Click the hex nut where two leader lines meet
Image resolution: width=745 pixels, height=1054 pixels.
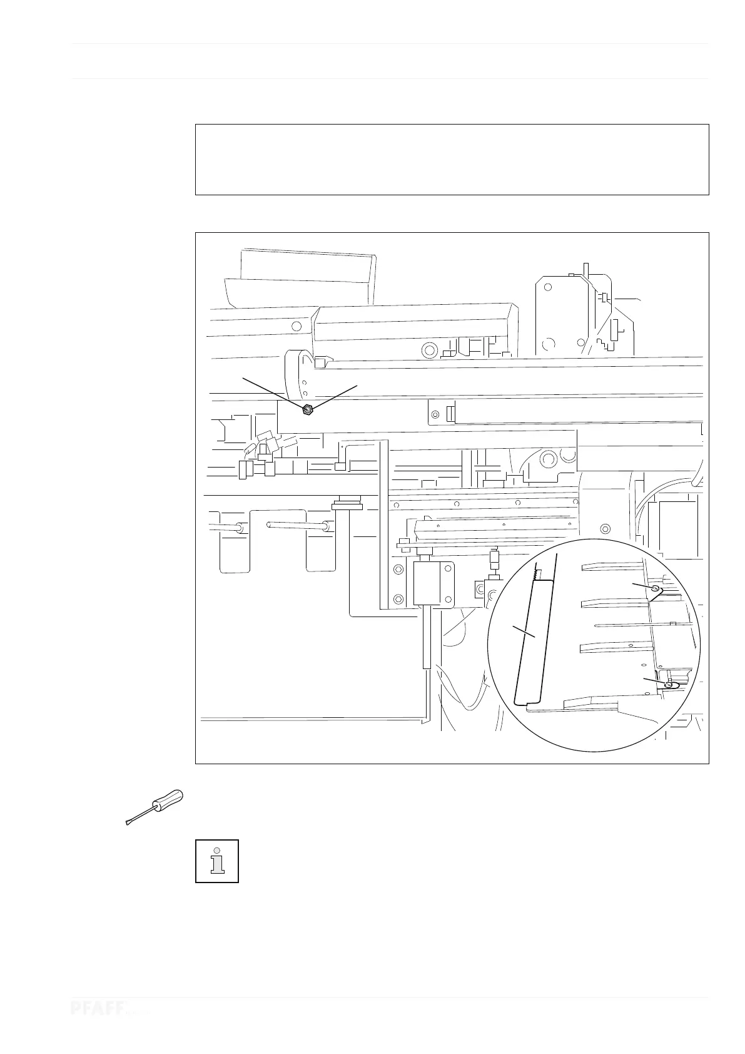coord(307,410)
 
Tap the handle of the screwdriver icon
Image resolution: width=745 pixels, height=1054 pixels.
coord(168,802)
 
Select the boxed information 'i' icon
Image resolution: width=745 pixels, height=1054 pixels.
coord(217,861)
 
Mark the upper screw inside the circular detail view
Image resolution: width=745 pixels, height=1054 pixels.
coord(655,589)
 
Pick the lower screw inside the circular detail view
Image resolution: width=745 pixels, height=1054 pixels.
coord(669,685)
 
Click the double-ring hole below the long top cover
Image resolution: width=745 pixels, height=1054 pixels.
coord(429,349)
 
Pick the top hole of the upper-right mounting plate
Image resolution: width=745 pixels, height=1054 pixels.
coord(547,287)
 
